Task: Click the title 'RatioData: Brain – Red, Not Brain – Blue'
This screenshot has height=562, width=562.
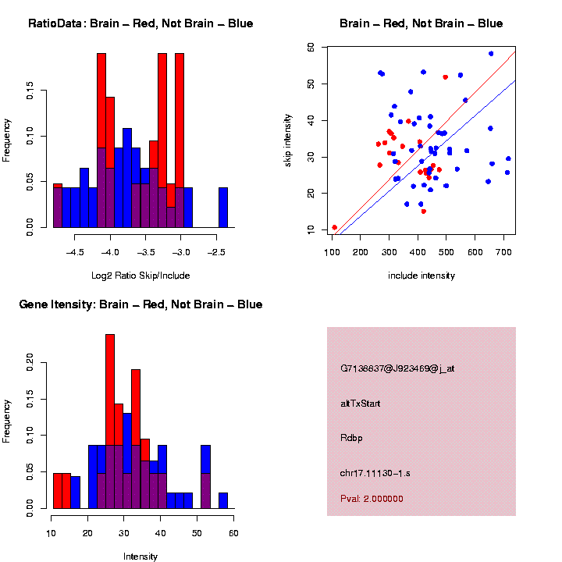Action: pyautogui.click(x=140, y=24)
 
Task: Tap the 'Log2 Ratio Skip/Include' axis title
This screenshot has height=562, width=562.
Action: pyautogui.click(x=140, y=276)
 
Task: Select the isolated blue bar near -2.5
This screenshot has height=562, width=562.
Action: pyautogui.click(x=223, y=208)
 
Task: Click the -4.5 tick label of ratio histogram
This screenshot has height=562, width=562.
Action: pyautogui.click(x=75, y=253)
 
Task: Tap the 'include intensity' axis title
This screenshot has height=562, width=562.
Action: pyautogui.click(x=421, y=276)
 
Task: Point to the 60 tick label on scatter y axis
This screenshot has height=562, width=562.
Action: pyautogui.click(x=311, y=47)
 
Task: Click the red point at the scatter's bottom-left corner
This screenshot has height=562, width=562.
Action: pyautogui.click(x=335, y=227)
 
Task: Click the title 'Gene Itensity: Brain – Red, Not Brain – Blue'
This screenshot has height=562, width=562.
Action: pyautogui.click(x=140, y=304)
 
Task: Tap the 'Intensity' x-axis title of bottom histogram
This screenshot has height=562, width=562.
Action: pyautogui.click(x=140, y=557)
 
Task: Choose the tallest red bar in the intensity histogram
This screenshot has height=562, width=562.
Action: pyautogui.click(x=110, y=421)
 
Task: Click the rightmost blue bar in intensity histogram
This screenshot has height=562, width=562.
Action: pyautogui.click(x=223, y=500)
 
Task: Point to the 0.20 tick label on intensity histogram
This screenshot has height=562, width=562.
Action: pyautogui.click(x=30, y=361)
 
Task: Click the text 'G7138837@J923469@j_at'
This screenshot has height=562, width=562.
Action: pyautogui.click(x=397, y=368)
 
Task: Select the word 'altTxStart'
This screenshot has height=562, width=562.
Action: pyautogui.click(x=361, y=404)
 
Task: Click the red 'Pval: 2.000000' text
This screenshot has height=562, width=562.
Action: pyautogui.click(x=372, y=498)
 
